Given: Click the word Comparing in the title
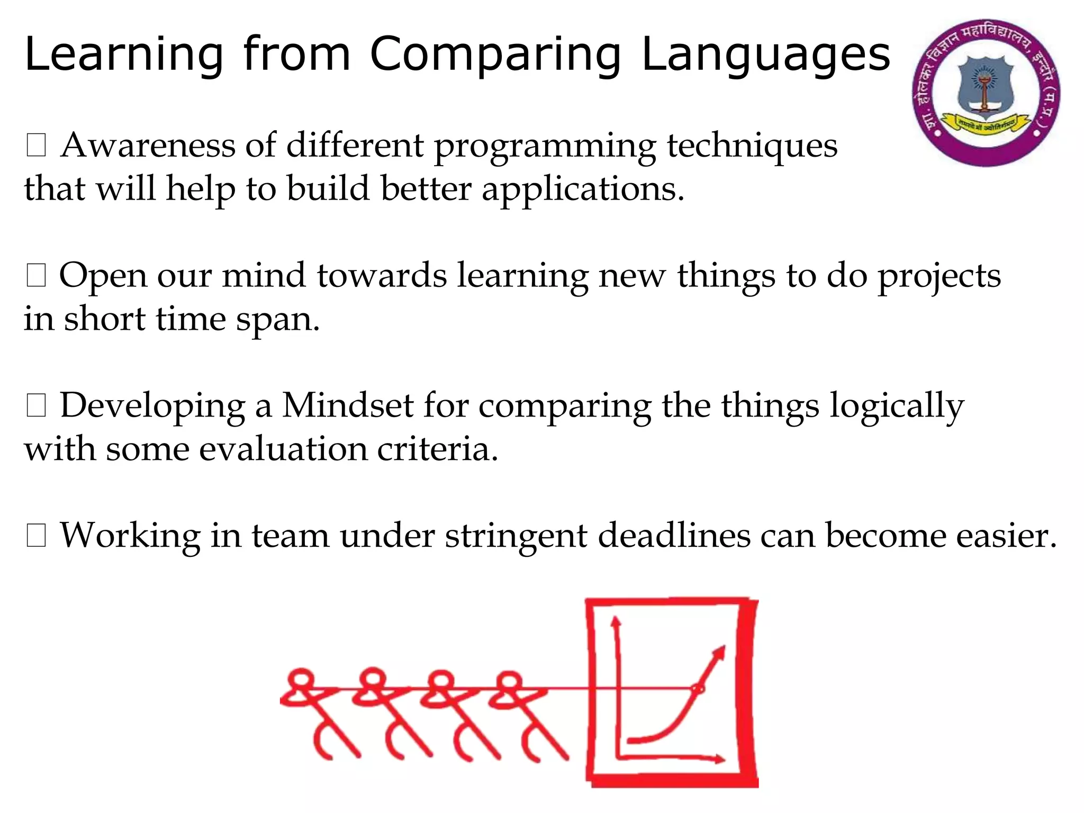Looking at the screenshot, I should [x=495, y=55].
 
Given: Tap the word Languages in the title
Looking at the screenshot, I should [x=766, y=55].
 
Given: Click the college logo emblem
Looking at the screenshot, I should [x=985, y=93].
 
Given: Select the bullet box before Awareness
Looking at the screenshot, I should [x=36, y=145].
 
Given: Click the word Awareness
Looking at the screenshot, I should [x=148, y=145].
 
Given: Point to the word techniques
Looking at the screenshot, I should [x=752, y=145].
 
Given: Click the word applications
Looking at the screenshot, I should [x=582, y=189].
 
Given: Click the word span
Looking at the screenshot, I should [x=277, y=319].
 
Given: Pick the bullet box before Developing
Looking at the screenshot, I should [x=36, y=406].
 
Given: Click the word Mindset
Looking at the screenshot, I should [x=347, y=406].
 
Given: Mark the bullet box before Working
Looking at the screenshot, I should [x=36, y=536].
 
